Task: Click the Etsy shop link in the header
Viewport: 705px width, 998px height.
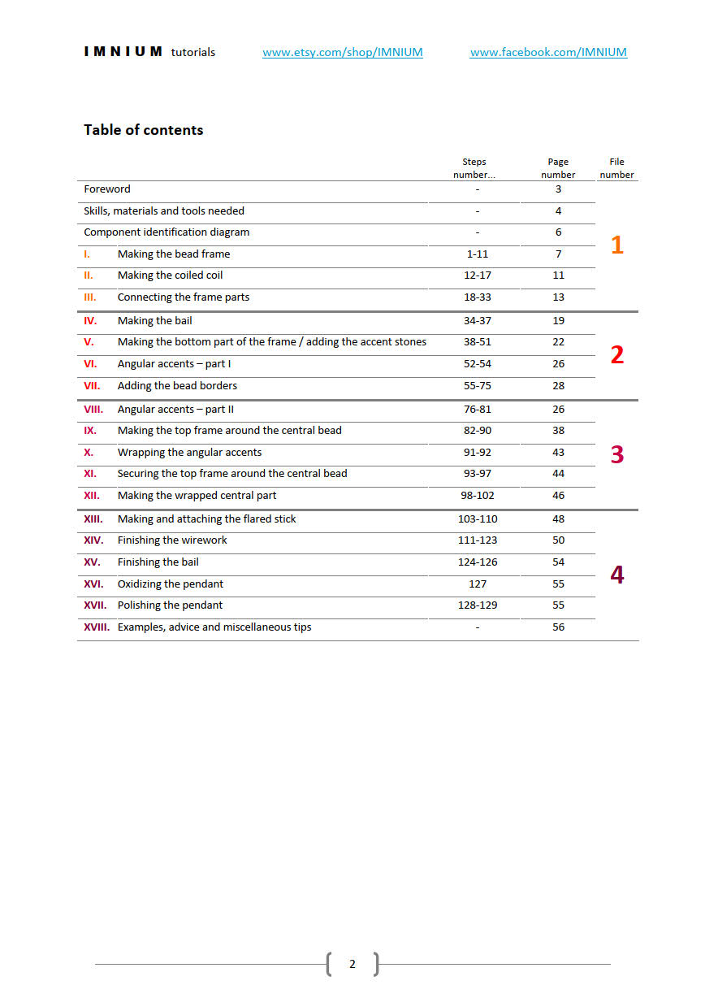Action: click(342, 52)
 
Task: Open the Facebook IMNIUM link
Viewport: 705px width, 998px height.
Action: click(548, 52)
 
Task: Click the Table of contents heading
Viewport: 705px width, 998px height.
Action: click(143, 130)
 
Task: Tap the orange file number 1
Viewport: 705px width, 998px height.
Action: click(616, 245)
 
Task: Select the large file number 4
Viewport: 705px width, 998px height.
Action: click(616, 575)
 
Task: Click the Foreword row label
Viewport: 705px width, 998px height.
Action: click(107, 189)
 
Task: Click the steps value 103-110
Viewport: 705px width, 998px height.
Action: click(478, 519)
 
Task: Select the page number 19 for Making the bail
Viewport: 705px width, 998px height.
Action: click(558, 321)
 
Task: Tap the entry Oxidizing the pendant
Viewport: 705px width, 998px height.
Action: click(170, 584)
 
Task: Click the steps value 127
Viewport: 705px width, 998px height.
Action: click(478, 584)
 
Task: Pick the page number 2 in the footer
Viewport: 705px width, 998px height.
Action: click(352, 964)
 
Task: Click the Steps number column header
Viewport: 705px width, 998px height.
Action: click(474, 168)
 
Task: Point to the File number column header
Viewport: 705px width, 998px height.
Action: click(616, 168)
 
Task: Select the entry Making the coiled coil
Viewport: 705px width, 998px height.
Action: click(170, 276)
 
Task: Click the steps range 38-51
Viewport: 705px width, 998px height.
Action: click(478, 342)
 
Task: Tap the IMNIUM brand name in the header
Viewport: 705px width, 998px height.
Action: click(123, 52)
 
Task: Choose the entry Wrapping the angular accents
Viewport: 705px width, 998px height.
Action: click(189, 453)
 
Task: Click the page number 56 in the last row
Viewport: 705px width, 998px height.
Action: click(558, 627)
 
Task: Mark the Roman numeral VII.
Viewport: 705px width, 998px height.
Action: click(92, 386)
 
